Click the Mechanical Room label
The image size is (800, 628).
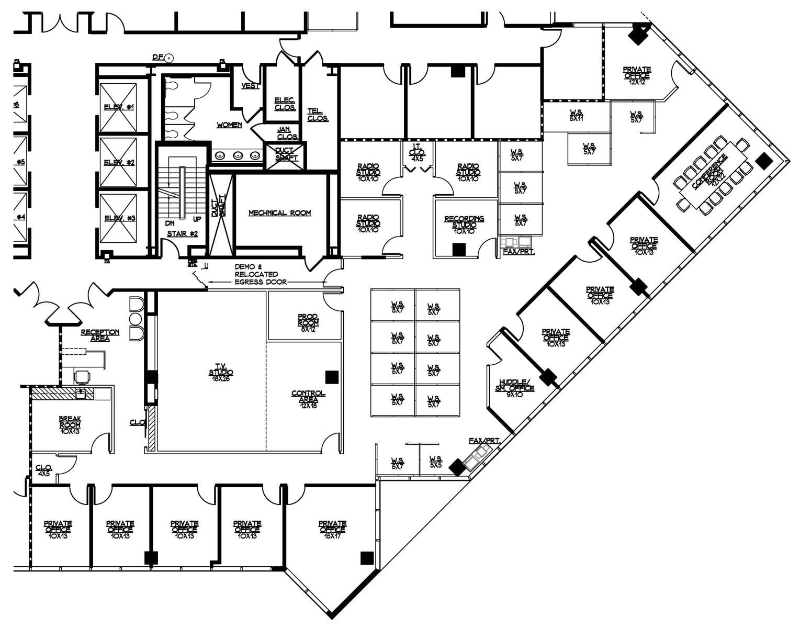click(x=279, y=213)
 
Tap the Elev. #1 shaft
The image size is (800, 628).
click(x=118, y=107)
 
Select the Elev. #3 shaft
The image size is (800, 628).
click(x=118, y=218)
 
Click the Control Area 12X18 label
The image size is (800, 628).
click(x=308, y=397)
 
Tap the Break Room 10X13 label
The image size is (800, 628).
click(x=70, y=425)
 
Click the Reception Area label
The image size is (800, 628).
click(x=100, y=335)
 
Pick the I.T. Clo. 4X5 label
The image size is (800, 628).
click(x=417, y=152)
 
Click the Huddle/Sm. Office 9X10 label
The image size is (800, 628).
click(x=515, y=388)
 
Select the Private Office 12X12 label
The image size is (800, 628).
click(x=637, y=75)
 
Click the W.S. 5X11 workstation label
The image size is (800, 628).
click(x=577, y=116)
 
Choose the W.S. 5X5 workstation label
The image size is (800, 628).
click(x=436, y=462)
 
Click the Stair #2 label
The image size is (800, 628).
click(x=182, y=233)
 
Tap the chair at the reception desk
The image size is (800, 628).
click(x=82, y=376)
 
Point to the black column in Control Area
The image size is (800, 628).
click(x=332, y=377)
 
